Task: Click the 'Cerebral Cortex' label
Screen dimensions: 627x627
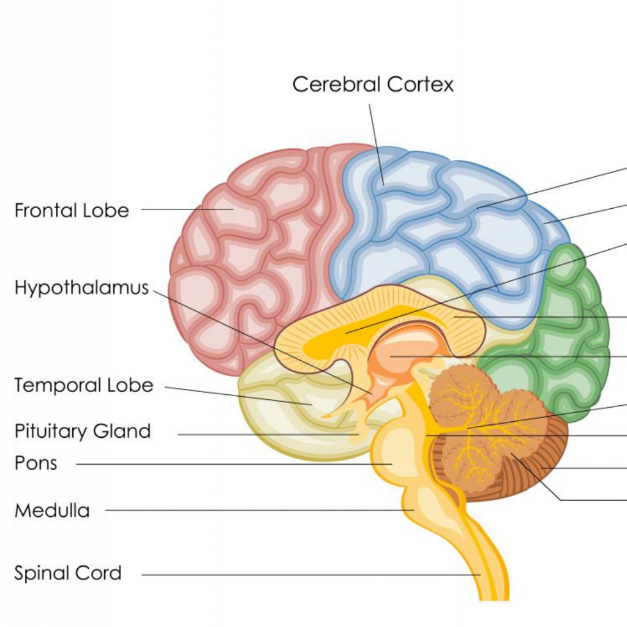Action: (373, 84)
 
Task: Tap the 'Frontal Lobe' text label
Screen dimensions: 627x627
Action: (72, 211)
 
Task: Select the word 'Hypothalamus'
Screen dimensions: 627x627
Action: (81, 288)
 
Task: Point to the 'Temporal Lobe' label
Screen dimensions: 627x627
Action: (83, 386)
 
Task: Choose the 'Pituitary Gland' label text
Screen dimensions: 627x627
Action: (83, 431)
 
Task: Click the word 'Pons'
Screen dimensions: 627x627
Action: (36, 463)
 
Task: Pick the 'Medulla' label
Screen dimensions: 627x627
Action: (52, 510)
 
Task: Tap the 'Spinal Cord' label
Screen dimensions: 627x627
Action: (68, 574)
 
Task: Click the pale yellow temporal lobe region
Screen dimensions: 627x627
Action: (276, 416)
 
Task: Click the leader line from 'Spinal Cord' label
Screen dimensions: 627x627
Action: (306, 574)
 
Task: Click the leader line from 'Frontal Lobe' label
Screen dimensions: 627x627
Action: (178, 209)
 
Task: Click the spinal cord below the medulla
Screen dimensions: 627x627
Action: (484, 563)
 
